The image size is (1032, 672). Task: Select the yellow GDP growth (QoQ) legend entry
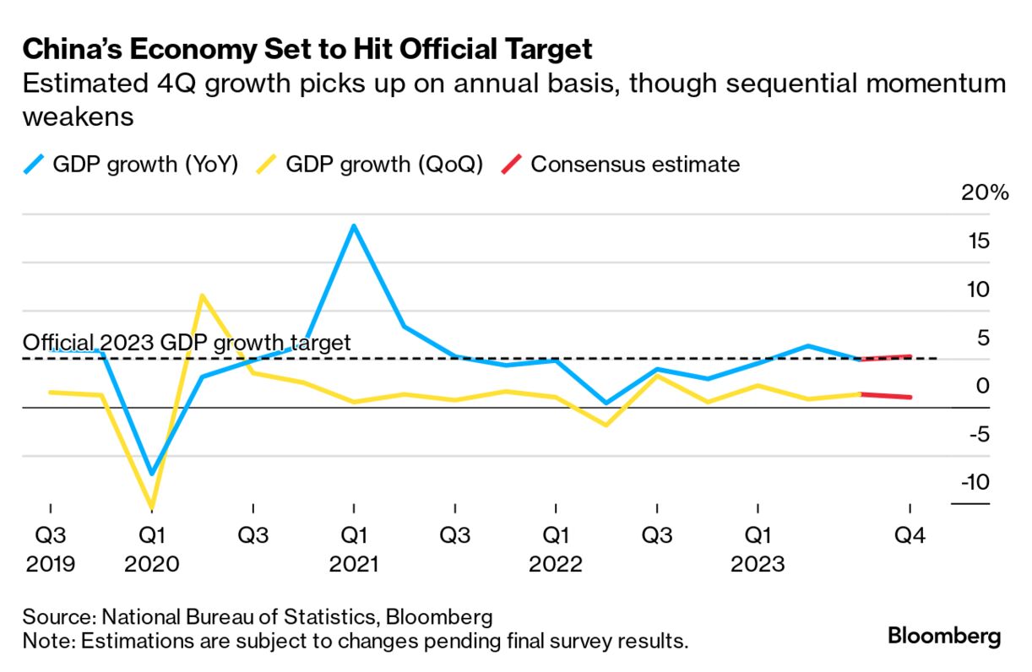click(x=372, y=164)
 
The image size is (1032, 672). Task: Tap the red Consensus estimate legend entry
click(x=621, y=164)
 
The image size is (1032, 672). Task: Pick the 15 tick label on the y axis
click(x=977, y=241)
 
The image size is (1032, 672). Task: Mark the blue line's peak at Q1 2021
click(x=354, y=225)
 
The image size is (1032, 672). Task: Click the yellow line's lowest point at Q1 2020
click(x=152, y=507)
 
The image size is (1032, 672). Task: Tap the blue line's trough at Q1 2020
click(x=152, y=474)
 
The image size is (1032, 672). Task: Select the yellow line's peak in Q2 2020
click(x=202, y=295)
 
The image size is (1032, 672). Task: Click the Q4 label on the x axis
click(x=910, y=535)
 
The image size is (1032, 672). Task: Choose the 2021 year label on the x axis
click(x=353, y=564)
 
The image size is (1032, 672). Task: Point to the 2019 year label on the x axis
click(x=50, y=564)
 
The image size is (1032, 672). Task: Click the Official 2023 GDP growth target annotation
click(x=186, y=343)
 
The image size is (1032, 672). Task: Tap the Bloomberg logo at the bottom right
click(x=944, y=636)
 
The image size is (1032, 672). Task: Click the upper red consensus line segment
click(x=885, y=358)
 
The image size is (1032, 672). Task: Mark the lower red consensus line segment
click(x=885, y=395)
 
